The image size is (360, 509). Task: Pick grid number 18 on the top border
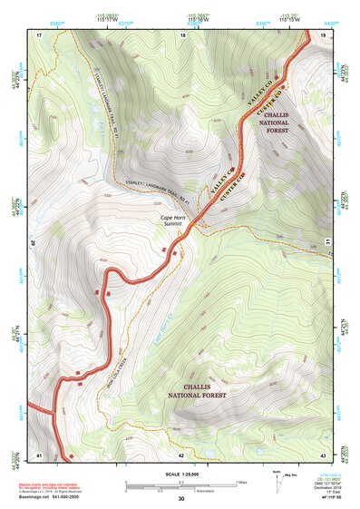(182, 34)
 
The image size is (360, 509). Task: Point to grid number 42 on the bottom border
(180, 454)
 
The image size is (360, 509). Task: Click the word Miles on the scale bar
(240, 481)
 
